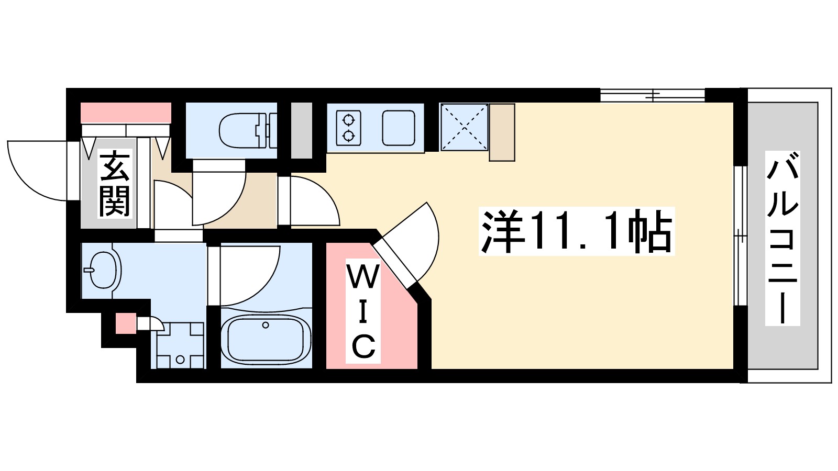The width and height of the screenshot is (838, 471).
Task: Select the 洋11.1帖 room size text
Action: pos(577,231)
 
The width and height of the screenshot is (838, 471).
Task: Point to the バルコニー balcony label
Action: pos(782,238)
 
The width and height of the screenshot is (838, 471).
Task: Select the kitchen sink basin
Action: pos(399,128)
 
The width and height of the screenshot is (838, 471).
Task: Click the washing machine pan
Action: pos(180,346)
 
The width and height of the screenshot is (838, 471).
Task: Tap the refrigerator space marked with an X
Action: pos(464,127)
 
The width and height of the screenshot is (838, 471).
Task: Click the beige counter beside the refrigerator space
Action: pos(502,132)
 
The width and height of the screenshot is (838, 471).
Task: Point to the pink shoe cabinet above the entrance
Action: pos(126,113)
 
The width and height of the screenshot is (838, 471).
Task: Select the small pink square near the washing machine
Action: pos(125,323)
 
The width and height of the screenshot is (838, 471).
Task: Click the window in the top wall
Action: pos(652,95)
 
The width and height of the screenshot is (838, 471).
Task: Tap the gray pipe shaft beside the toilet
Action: pos(301,130)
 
